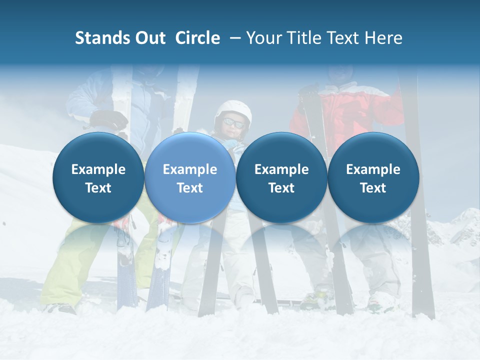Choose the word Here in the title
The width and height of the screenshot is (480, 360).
pos(384,38)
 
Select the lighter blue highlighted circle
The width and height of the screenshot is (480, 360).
pos(190,177)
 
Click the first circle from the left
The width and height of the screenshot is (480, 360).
pos(98,177)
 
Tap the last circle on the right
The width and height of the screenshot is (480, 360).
pos(373,177)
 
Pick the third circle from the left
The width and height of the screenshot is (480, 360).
pos(281,177)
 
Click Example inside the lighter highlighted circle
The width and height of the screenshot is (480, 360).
pos(190,169)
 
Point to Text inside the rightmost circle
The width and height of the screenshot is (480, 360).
pos(373,188)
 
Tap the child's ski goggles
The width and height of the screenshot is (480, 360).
pos(233,122)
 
